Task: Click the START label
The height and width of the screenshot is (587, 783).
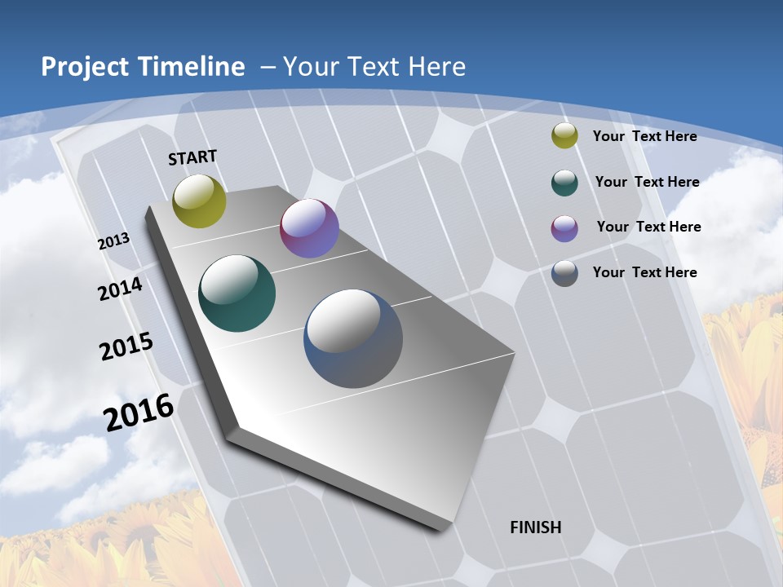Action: pos(192,157)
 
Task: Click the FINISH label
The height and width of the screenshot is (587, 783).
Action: pos(535,527)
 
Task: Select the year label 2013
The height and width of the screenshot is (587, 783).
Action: pos(113,241)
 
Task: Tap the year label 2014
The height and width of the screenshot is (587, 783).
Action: pos(120,289)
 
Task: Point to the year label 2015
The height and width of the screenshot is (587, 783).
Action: pos(126,346)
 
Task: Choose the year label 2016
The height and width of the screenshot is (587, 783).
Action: pos(139,413)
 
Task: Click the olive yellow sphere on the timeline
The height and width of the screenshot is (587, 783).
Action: pos(199,201)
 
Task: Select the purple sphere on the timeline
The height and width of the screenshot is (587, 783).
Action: pos(309,228)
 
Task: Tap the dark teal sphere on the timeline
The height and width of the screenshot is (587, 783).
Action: pos(237,293)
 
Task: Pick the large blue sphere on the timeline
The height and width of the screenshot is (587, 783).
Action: pos(353,338)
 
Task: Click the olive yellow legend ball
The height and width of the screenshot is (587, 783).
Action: pos(564,136)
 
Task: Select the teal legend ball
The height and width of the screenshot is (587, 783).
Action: pos(564,183)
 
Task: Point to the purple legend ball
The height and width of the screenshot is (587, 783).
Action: pos(564,228)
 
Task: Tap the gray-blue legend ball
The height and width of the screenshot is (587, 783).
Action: pos(564,273)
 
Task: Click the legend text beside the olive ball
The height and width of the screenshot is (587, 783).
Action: pos(644,136)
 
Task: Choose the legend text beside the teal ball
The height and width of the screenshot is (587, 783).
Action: pos(647,182)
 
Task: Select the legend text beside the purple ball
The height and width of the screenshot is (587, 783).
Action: pos(648,227)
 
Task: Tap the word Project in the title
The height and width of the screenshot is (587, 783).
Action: pos(83,67)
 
